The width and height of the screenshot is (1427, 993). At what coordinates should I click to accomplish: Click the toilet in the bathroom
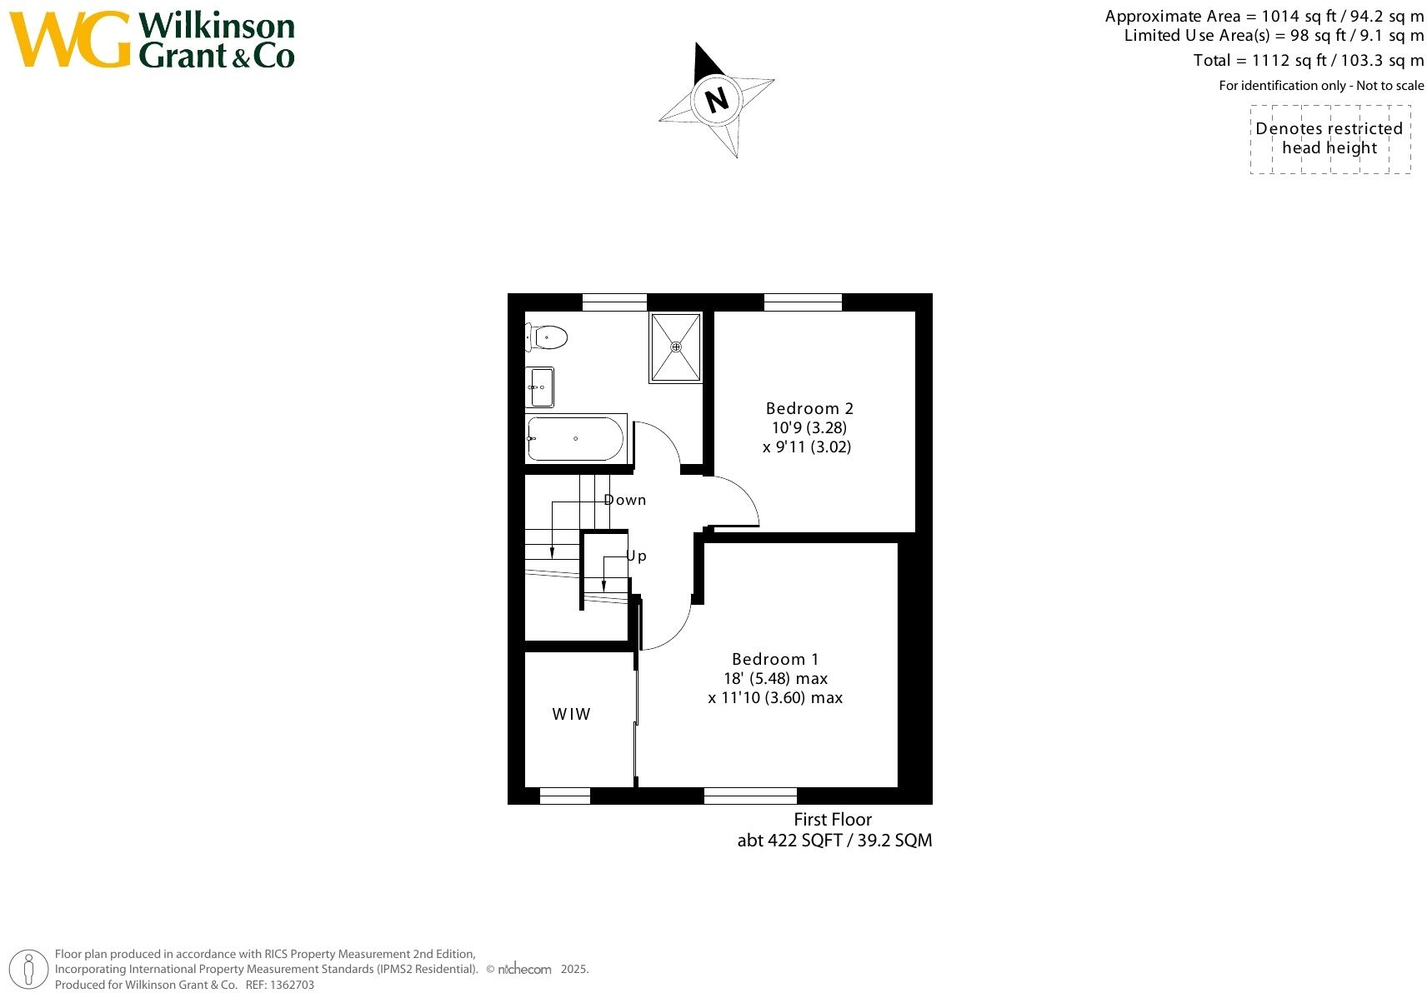[x=548, y=337]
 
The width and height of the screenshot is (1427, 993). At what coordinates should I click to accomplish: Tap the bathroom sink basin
[x=539, y=387]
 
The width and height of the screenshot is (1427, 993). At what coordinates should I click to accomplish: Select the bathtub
[x=575, y=438]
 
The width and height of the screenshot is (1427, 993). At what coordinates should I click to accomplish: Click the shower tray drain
[x=676, y=347]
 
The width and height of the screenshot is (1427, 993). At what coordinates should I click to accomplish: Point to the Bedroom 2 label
[x=809, y=408]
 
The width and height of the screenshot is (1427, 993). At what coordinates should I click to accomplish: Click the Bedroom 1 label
[x=775, y=659]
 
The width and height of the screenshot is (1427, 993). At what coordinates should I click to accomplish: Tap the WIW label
[x=572, y=714]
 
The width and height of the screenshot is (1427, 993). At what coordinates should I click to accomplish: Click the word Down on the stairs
[x=625, y=500]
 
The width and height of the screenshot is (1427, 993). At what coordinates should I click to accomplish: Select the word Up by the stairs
[x=636, y=556]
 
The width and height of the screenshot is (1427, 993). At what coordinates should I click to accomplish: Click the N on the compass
[x=717, y=100]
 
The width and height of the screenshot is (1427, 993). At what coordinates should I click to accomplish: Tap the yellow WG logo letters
[x=70, y=40]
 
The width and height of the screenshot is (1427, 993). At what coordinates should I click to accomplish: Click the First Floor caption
[x=833, y=819]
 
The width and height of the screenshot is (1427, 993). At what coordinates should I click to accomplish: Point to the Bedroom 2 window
[x=803, y=302]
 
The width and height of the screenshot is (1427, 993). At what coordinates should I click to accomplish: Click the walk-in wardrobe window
[x=565, y=796]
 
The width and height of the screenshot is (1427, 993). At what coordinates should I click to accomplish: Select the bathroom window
[x=614, y=302]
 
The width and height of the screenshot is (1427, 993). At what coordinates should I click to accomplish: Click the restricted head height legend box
[x=1329, y=139]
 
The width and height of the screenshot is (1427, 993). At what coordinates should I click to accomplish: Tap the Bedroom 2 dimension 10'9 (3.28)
[x=809, y=427]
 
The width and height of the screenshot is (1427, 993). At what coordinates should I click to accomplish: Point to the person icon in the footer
[x=30, y=970]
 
